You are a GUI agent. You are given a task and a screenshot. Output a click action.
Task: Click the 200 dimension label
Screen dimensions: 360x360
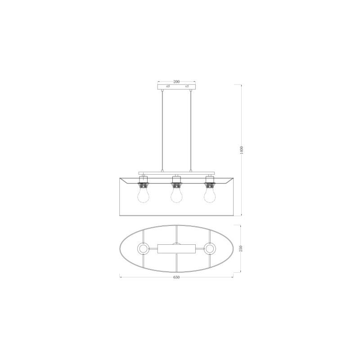(176, 81)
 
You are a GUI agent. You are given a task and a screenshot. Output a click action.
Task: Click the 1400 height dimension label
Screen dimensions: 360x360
(241, 150)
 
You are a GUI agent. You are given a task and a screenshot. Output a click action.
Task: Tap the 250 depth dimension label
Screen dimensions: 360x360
(241, 249)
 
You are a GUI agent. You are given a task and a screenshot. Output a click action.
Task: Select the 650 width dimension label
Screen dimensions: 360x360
(176, 277)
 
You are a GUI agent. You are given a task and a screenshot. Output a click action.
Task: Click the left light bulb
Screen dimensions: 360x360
(142, 195)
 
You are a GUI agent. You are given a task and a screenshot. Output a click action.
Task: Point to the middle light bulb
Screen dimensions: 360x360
(176, 195)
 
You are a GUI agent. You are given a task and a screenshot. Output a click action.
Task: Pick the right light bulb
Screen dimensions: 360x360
(210, 195)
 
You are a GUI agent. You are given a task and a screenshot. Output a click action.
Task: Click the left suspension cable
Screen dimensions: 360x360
(162, 131)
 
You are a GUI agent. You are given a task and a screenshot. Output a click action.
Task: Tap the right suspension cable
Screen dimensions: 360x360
(190, 131)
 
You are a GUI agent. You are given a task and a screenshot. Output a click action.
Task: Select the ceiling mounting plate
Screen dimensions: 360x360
(176, 86)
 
